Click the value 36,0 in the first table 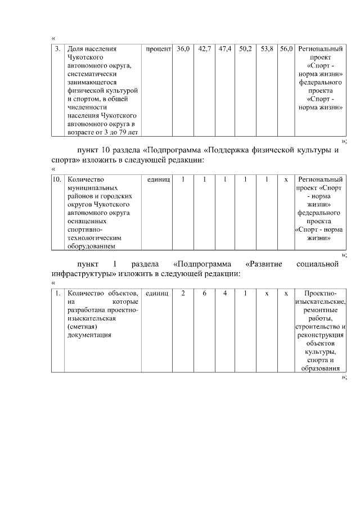click(183, 49)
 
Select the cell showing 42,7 click(204, 49)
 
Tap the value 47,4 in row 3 click(225, 49)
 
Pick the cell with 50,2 click(245, 49)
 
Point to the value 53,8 click(267, 49)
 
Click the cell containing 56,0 click(286, 49)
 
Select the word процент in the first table click(158, 49)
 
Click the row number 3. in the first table click(57, 49)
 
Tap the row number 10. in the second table click(57, 179)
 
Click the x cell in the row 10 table click(286, 179)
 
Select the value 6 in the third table click(204, 293)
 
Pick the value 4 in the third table click(225, 293)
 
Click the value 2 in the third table click(183, 293)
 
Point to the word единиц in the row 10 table click(158, 179)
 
